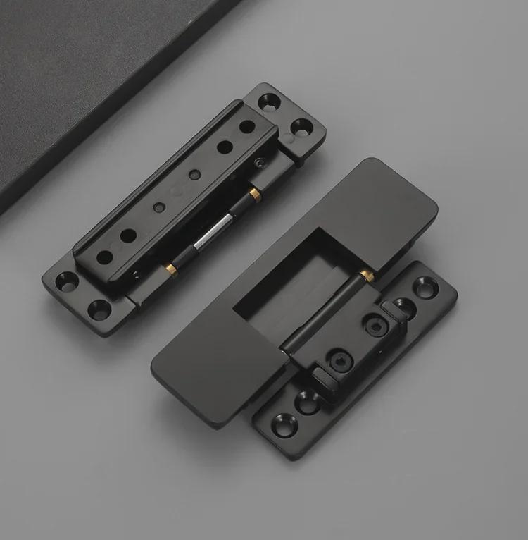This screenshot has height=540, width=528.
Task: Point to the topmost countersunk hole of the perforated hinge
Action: coord(270,102)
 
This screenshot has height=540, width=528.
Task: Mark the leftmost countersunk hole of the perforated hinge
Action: coord(66,281)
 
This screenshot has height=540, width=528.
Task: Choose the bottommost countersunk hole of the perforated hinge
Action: coord(99,308)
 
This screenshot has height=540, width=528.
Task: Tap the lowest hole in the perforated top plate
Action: coord(105,257)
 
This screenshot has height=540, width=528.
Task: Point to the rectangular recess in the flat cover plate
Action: coord(296,282)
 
